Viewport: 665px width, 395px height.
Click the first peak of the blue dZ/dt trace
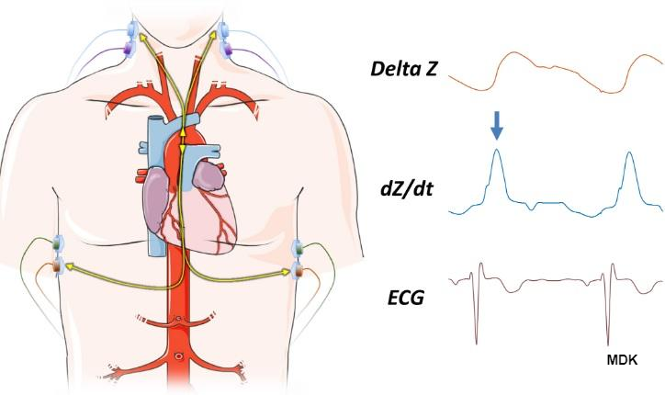coord(497,152)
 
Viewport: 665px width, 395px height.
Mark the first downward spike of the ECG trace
coord(478,335)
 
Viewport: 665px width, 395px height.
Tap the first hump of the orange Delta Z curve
coord(510,55)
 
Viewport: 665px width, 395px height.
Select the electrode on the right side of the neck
coord(224,37)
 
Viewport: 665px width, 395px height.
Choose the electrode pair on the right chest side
coord(299,258)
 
